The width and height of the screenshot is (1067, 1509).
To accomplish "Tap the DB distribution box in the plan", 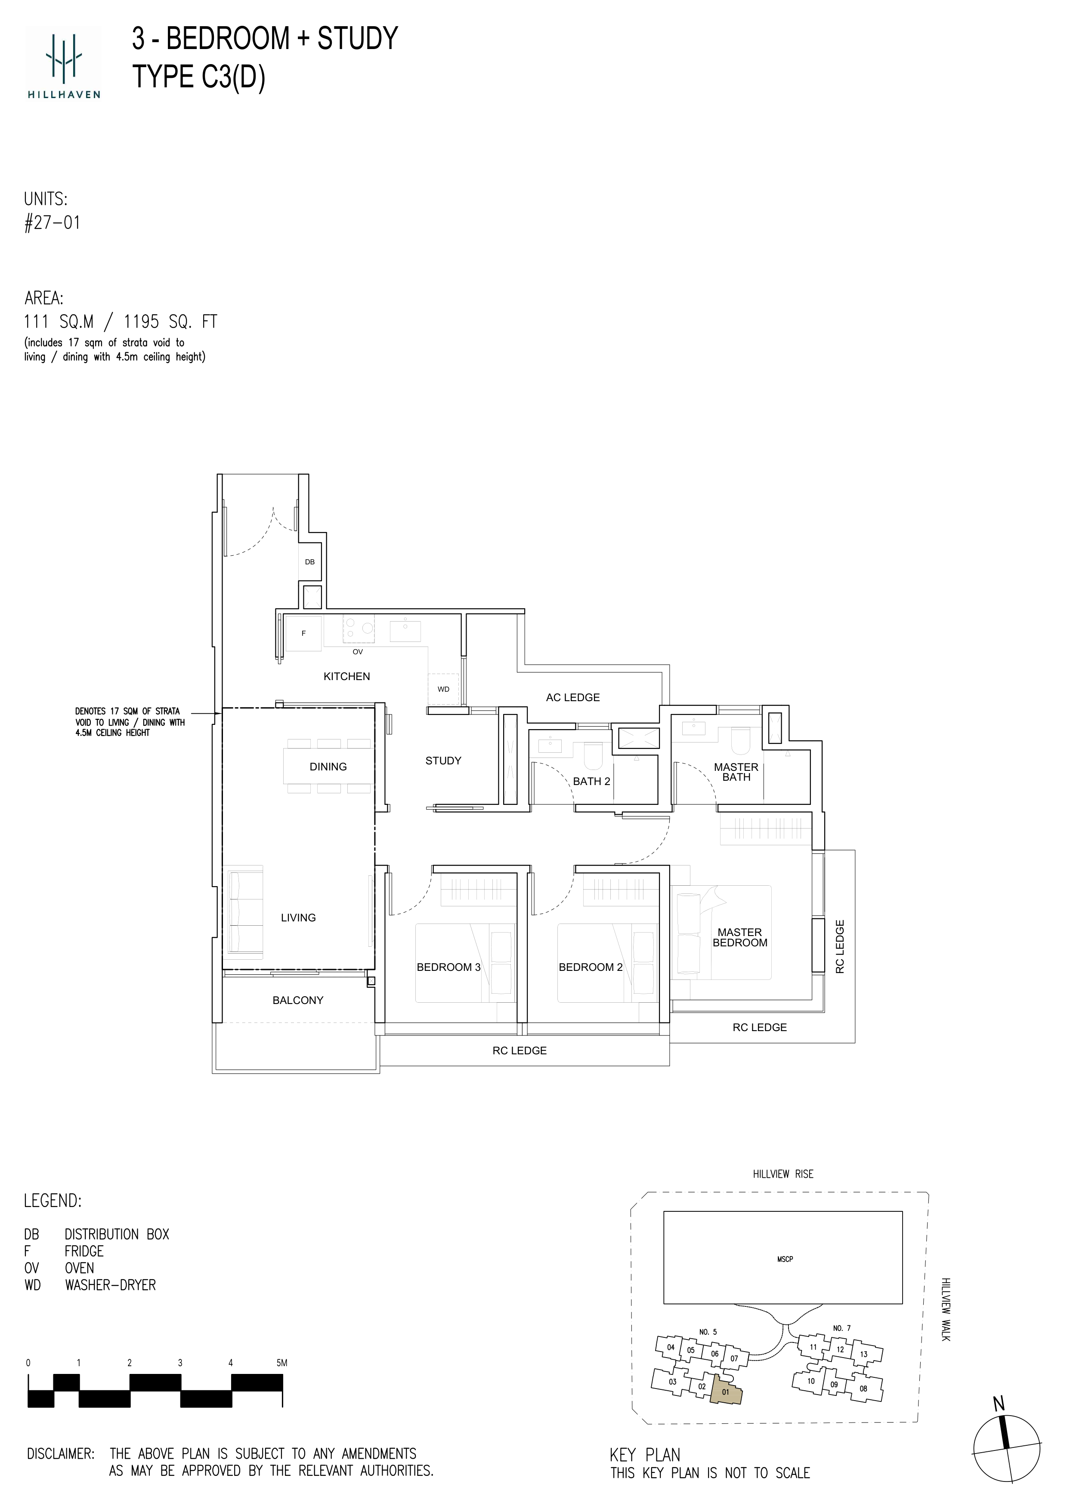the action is (309, 562).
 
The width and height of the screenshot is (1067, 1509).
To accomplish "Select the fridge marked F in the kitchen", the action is (304, 634).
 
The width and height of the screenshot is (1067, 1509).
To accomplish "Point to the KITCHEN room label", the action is (346, 676).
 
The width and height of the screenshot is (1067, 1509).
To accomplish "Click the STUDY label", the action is (443, 761).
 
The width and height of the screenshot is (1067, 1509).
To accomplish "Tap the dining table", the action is (328, 767).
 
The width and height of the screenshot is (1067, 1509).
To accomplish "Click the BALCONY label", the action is (298, 1000).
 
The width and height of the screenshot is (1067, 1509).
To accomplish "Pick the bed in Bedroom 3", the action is (465, 963).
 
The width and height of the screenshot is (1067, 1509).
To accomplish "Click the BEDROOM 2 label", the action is (591, 967).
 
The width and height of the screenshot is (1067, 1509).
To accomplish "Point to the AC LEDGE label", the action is (572, 697).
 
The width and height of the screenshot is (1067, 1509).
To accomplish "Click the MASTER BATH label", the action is (736, 772).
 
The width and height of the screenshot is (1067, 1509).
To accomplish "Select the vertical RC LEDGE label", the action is (840, 946).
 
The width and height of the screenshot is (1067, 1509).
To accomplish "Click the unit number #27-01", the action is (52, 223).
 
